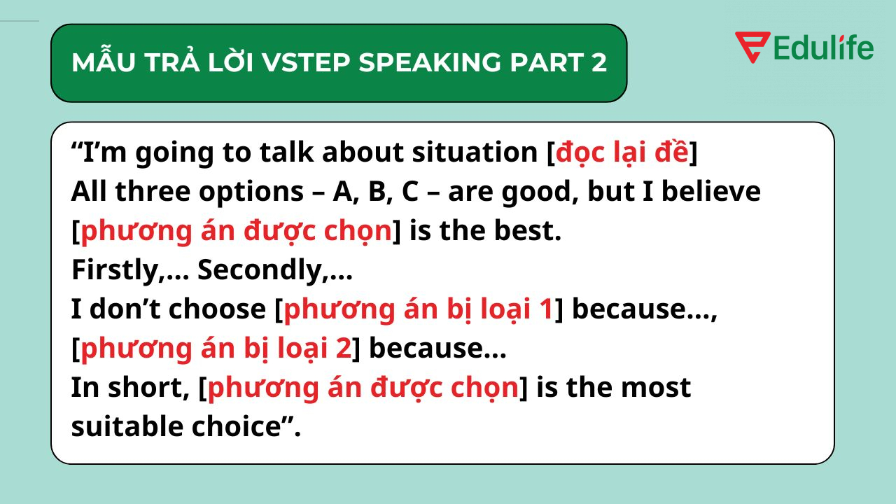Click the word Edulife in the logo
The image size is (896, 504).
pos(824,48)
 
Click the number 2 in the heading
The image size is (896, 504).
pos(598,63)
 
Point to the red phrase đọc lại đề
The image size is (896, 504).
pos(622,153)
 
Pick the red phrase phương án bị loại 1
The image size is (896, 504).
pos(419,309)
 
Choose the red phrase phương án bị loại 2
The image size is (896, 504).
pos(216,348)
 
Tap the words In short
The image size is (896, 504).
pos(129,387)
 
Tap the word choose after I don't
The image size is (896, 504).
pos(218,309)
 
